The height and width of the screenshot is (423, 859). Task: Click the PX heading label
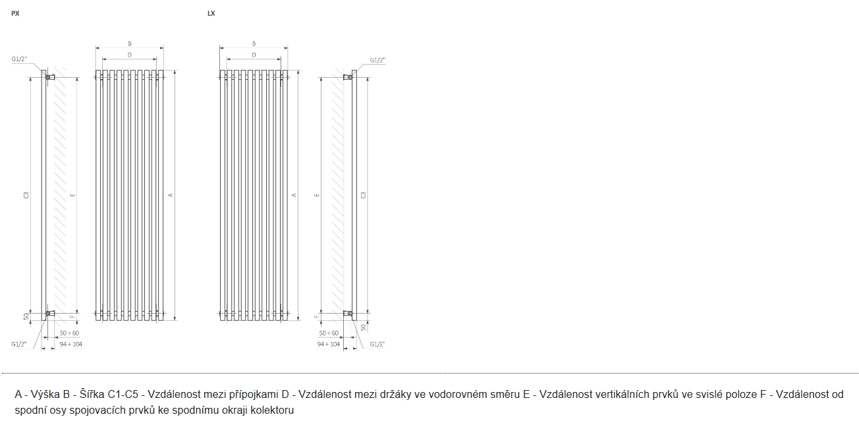(x=15, y=13)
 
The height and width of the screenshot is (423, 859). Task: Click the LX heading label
(x=211, y=13)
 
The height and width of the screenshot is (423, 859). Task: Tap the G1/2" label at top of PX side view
(x=19, y=59)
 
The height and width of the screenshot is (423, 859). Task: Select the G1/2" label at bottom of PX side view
(x=19, y=344)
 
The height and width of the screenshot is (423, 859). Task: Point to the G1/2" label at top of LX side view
(x=377, y=60)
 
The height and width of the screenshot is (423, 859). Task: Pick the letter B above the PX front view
(x=130, y=43)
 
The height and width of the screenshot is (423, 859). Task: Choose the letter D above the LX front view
(x=254, y=55)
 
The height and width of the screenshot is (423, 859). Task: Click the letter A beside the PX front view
(x=170, y=194)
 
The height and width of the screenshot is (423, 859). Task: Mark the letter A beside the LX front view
(x=294, y=194)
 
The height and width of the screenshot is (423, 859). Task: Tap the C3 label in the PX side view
(x=26, y=194)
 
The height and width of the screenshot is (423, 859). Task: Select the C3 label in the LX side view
(x=363, y=194)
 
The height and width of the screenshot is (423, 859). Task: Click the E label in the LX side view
(x=317, y=195)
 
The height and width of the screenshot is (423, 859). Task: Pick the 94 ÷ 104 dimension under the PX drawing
(x=70, y=344)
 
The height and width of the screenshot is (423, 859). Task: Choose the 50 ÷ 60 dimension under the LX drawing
(x=327, y=333)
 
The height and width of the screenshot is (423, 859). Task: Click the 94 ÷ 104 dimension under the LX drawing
(x=328, y=344)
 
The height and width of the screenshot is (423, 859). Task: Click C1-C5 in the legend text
(x=123, y=395)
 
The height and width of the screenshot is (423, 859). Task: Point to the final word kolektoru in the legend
(x=270, y=410)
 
